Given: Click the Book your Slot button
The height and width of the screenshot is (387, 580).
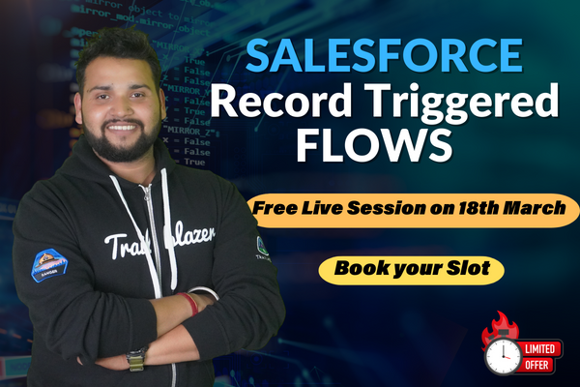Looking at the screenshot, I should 413,268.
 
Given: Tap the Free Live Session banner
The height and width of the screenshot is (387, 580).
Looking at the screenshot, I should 413,209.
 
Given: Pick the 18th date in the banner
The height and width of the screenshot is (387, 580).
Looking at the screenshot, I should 473,209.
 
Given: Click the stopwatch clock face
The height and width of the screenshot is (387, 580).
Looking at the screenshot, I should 502,355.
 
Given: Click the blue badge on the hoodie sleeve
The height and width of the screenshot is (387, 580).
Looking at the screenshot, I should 49,265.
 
